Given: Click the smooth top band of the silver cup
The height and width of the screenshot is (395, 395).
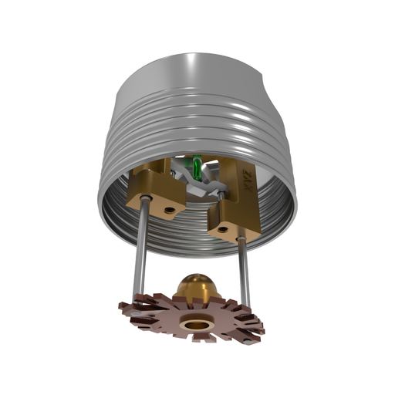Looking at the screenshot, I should click(193, 69).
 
